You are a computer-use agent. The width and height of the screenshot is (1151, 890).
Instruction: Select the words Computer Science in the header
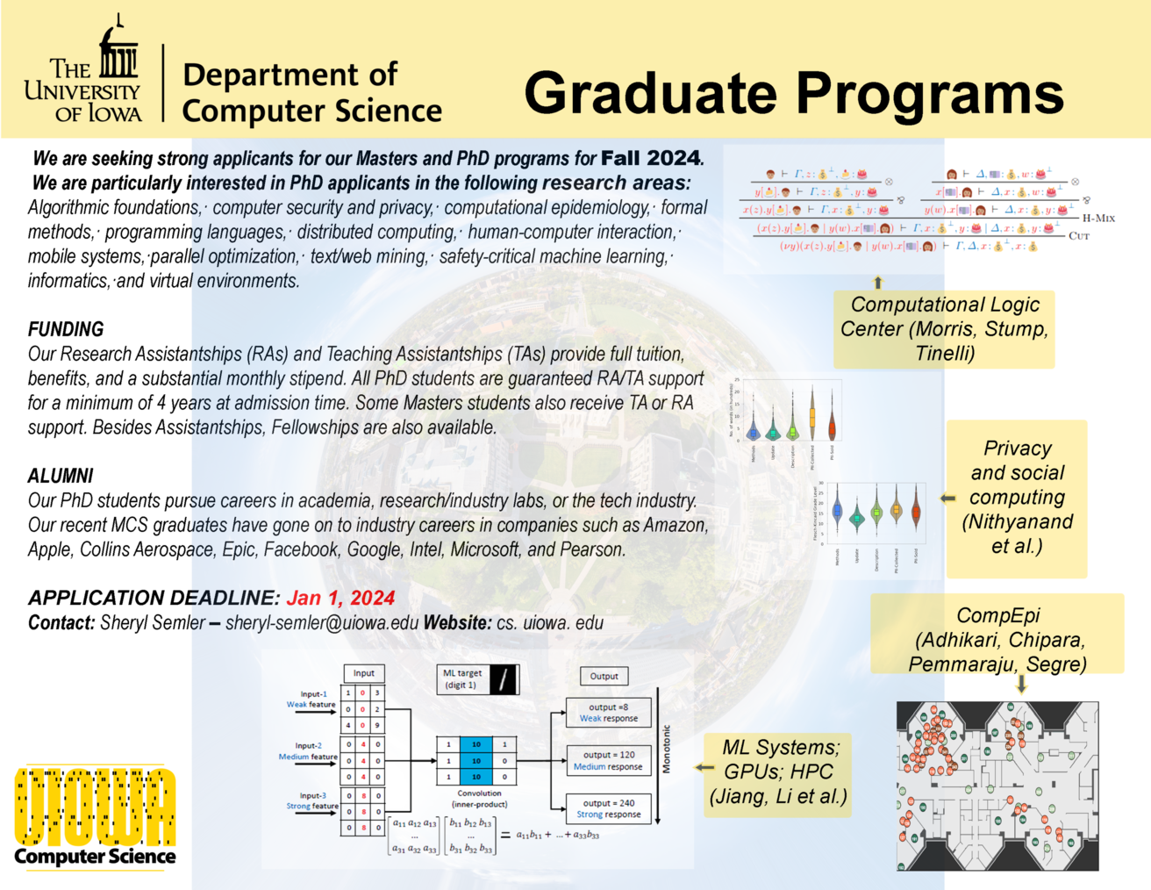311,111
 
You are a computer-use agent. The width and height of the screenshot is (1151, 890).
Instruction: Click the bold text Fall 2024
651,159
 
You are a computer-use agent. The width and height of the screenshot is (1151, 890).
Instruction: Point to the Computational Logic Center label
944,329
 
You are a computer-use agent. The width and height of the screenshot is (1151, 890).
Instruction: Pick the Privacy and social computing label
1017,498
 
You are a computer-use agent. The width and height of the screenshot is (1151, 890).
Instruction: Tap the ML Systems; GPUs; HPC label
778,772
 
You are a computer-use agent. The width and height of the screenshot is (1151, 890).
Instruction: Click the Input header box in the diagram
364,673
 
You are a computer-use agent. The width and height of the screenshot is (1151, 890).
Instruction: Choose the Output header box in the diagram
604,676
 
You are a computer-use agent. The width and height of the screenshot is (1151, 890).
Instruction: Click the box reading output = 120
608,760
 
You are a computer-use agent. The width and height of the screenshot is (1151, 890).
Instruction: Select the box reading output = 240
609,808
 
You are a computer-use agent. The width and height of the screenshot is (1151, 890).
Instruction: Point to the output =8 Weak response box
608,713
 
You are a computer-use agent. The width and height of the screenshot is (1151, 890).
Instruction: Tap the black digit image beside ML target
504,679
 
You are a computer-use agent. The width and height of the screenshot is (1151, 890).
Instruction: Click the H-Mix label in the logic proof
1098,218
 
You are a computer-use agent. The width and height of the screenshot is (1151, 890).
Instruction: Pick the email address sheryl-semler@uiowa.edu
322,622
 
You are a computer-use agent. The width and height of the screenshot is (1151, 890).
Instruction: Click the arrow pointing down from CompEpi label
1020,684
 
